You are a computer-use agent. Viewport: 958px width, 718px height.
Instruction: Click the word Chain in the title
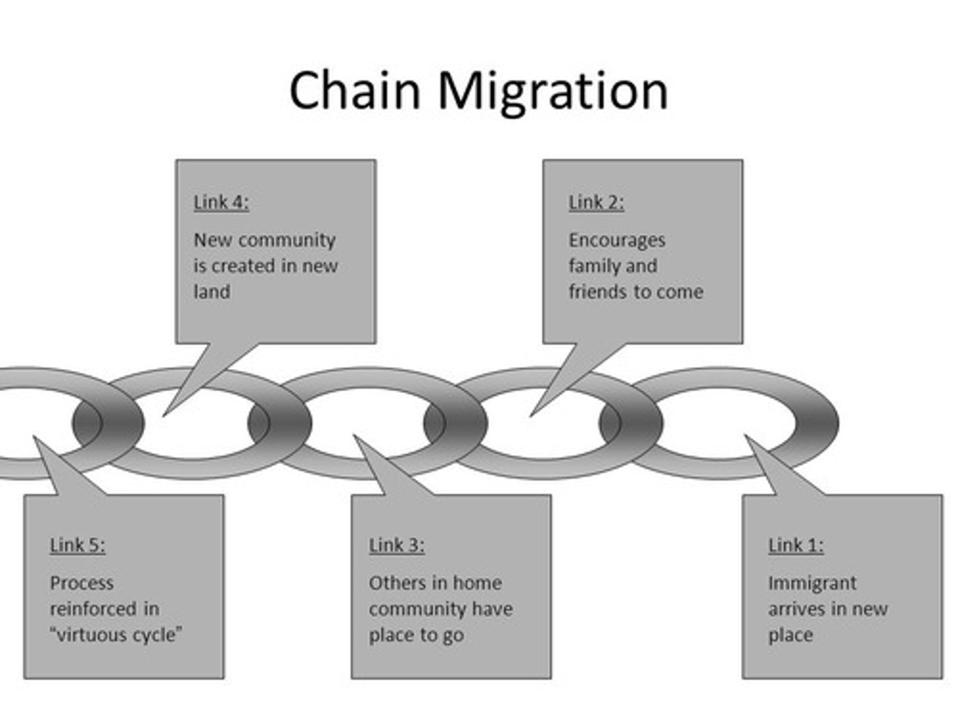[355, 90]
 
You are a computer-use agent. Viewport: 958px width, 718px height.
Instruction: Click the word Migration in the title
[554, 93]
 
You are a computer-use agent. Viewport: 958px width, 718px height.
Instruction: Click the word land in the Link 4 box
[212, 292]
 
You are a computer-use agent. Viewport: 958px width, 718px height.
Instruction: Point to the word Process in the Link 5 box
[82, 583]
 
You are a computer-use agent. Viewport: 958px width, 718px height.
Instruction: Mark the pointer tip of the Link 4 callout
[163, 416]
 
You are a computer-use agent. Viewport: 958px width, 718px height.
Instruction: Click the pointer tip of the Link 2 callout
[530, 416]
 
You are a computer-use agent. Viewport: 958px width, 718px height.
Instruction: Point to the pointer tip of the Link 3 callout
[353, 435]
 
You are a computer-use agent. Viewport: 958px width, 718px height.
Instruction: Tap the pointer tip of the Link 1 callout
[744, 435]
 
